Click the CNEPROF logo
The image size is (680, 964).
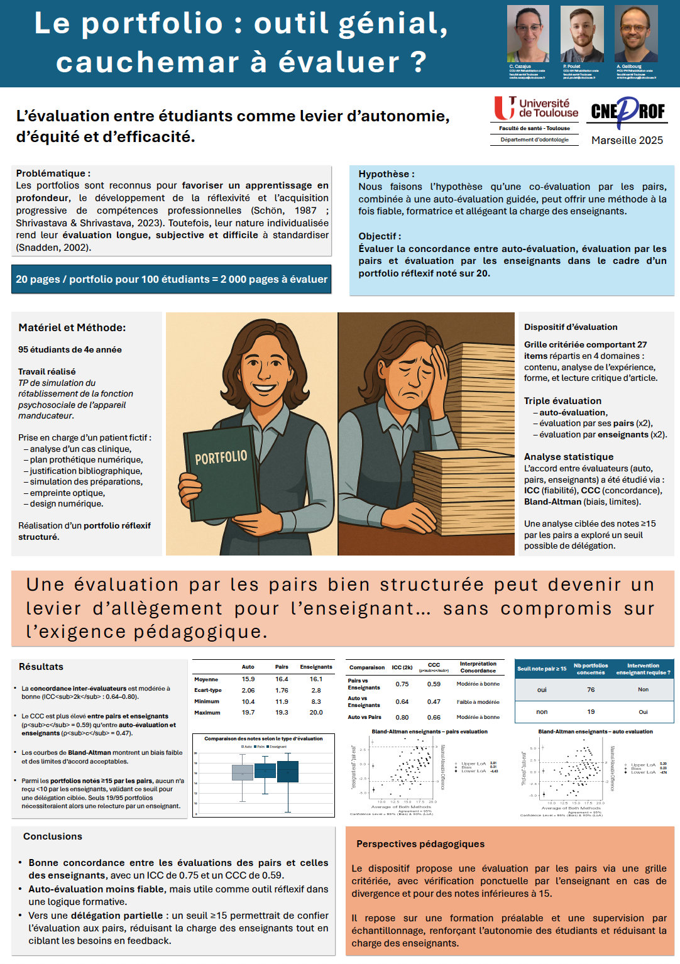[x=627, y=112]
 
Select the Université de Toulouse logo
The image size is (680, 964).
[x=535, y=108]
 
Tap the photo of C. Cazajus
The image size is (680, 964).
[x=528, y=34]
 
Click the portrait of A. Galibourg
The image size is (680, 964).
[x=636, y=34]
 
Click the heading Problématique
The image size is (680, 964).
[x=53, y=173]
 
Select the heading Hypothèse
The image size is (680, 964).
[x=386, y=174]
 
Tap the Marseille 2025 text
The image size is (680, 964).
[x=627, y=140]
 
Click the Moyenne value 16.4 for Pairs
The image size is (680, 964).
[x=282, y=679]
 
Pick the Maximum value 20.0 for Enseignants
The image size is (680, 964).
[x=315, y=713]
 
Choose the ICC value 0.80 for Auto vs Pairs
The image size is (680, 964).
[x=402, y=717]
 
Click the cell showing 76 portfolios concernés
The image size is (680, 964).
[x=591, y=689]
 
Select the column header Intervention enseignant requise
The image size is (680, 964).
[x=643, y=669]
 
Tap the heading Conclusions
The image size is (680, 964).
[x=53, y=836]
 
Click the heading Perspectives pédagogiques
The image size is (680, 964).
[x=420, y=844]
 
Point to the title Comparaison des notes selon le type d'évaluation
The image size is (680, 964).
[x=263, y=739]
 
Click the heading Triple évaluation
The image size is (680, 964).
[x=562, y=401]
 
